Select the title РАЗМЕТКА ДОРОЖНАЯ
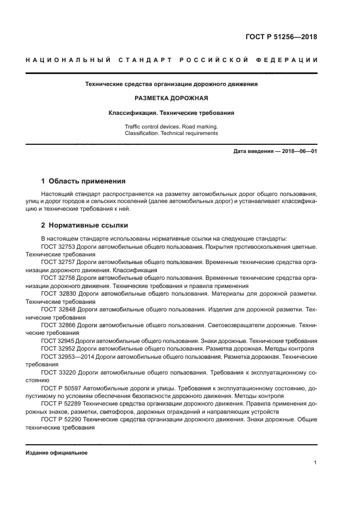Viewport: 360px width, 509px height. click(x=171, y=99)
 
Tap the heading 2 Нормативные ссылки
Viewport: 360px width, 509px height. click(x=84, y=225)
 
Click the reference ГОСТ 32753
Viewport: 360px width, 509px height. click(x=58, y=247)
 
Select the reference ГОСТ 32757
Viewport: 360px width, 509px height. click(x=58, y=262)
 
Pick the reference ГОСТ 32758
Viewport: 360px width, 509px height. click(x=58, y=278)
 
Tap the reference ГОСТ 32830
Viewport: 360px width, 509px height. click(x=58, y=293)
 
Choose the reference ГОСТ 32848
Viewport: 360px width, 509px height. click(x=58, y=309)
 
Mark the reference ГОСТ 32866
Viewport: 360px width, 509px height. click(x=58, y=325)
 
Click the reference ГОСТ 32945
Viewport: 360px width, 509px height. click(x=58, y=341)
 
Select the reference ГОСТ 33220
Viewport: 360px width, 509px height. click(x=58, y=372)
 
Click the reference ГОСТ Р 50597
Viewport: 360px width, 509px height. click(x=60, y=388)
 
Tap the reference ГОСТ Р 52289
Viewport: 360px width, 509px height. click(x=60, y=404)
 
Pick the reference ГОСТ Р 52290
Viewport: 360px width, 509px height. click(x=60, y=420)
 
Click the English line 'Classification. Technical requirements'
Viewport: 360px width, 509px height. click(x=171, y=133)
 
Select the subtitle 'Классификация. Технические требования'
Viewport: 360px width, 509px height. click(x=171, y=113)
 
